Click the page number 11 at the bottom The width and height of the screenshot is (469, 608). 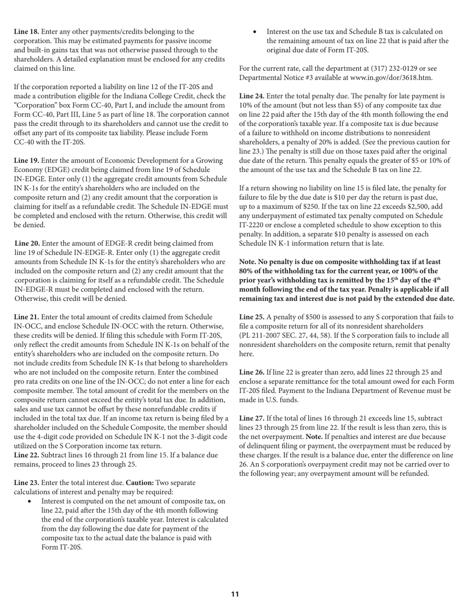tap(235, 594)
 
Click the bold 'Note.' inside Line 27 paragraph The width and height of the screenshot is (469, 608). tap(315, 437)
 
